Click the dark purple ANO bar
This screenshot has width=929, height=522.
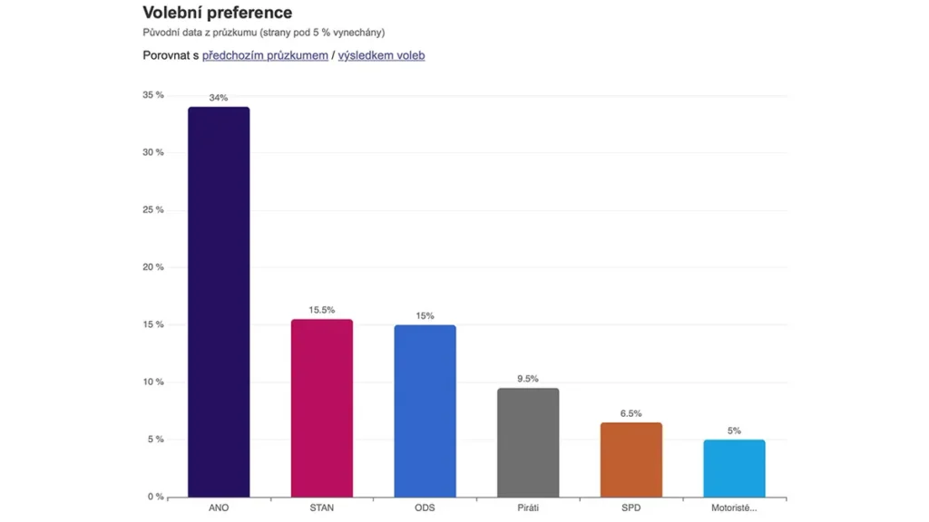(x=219, y=302)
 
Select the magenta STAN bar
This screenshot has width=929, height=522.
(x=321, y=408)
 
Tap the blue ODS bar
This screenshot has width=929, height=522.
(x=425, y=411)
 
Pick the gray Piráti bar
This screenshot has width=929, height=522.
(x=528, y=442)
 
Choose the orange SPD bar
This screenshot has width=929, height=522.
(x=631, y=459)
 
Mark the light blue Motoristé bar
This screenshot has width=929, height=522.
(x=734, y=468)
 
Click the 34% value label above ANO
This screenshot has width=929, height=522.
(x=219, y=98)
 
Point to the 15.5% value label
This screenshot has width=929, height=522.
(x=321, y=310)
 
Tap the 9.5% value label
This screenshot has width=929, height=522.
(x=528, y=379)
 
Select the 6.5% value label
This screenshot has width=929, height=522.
(x=631, y=413)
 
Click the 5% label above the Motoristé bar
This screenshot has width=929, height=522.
(x=734, y=430)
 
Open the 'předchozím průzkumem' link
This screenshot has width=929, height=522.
(x=265, y=55)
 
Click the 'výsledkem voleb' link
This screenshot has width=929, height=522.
(x=381, y=55)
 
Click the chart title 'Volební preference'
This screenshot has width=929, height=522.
(x=218, y=13)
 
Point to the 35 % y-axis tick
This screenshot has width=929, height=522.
(x=152, y=95)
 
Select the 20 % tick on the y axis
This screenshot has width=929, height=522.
(x=152, y=267)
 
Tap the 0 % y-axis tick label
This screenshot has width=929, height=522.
(x=154, y=497)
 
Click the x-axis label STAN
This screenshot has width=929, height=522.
(x=321, y=507)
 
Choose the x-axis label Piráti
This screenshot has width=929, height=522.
(x=528, y=507)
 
